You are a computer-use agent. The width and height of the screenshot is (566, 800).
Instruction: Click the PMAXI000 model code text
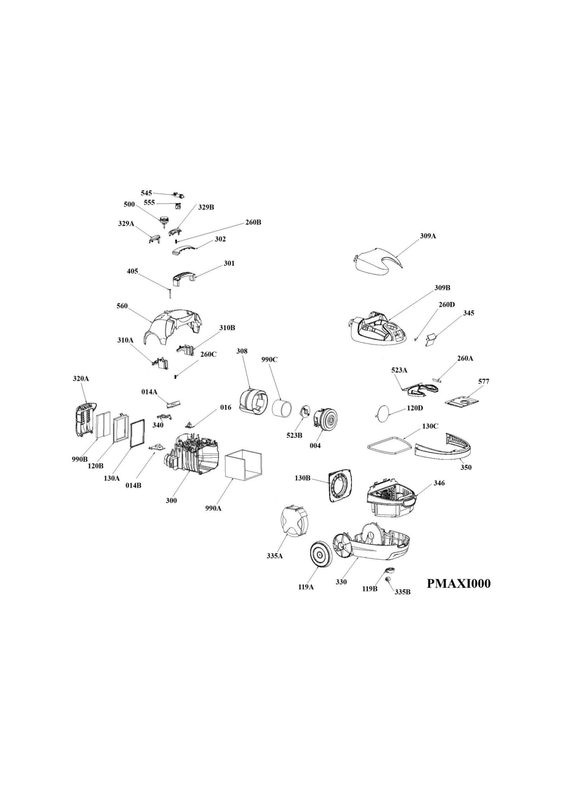pos(459,583)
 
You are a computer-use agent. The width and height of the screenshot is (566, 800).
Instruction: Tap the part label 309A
pos(428,236)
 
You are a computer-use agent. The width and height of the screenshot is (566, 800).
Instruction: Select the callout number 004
pos(315,445)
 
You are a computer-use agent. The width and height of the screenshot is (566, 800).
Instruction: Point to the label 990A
pos(213,508)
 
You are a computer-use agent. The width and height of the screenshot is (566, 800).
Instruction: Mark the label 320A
pos(81,378)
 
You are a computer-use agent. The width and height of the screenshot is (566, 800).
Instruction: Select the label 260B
pos(253,222)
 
